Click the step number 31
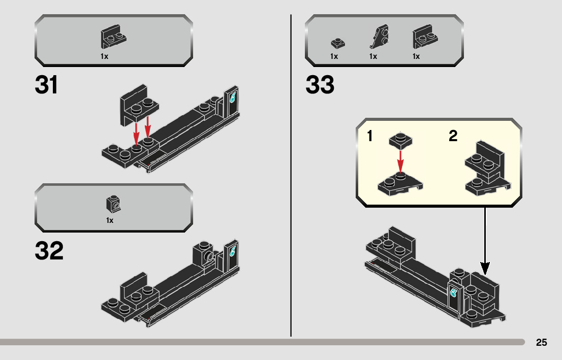[46, 85]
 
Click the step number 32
[49, 251]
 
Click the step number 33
[320, 85]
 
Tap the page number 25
[541, 343]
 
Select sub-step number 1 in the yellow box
[370, 136]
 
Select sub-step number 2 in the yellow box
[453, 136]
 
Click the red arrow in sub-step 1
[400, 161]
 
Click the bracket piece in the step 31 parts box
[113, 38]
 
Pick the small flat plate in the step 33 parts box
[337, 43]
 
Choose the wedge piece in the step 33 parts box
[378, 37]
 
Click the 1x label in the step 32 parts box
[110, 220]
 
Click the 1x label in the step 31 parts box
[105, 56]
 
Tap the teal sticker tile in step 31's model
[234, 96]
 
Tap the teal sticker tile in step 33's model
[453, 293]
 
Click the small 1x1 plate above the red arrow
[400, 141]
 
